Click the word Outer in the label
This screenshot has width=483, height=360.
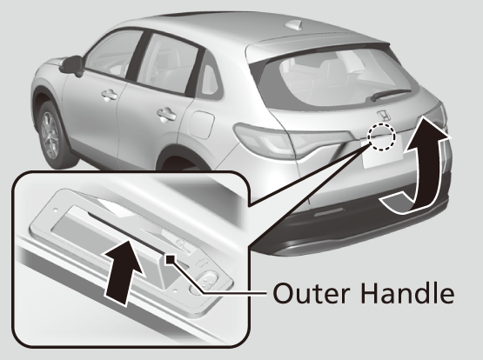[312, 293]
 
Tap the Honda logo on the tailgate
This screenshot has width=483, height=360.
[384, 116]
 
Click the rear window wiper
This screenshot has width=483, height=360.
[391, 94]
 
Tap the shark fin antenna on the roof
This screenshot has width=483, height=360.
[295, 24]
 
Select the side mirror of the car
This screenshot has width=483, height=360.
[72, 66]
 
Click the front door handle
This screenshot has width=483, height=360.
[110, 95]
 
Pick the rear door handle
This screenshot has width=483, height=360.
[166, 115]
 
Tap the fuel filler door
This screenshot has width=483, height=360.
[201, 124]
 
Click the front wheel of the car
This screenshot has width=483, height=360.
[50, 136]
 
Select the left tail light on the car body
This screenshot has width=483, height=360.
[264, 140]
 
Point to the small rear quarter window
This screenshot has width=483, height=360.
[210, 79]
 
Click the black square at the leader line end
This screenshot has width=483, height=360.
[171, 259]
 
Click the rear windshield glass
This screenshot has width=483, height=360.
[336, 79]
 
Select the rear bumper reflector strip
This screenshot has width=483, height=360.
[328, 211]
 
